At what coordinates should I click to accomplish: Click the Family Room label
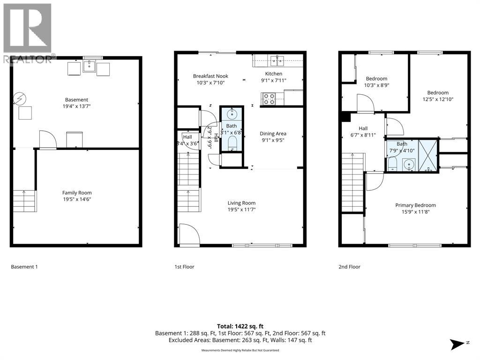click(x=77, y=193)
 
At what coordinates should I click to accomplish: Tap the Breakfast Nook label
click(x=210, y=76)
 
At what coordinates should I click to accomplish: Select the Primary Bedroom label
click(x=415, y=205)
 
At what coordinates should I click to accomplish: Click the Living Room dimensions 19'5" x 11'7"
click(x=241, y=210)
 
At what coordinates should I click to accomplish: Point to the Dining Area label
click(x=273, y=134)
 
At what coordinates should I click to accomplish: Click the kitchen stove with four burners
click(x=269, y=99)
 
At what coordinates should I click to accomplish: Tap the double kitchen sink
click(x=277, y=60)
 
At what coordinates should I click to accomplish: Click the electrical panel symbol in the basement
click(x=20, y=98)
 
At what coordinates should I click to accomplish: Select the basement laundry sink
click(x=89, y=66)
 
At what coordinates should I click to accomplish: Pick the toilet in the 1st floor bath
click(x=232, y=143)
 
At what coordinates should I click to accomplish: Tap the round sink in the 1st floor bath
click(x=232, y=114)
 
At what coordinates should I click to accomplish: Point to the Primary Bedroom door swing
click(x=375, y=182)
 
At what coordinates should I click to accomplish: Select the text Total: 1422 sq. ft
click(x=240, y=326)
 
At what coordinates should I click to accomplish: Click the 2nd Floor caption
click(x=349, y=267)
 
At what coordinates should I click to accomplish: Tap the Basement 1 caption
click(x=24, y=267)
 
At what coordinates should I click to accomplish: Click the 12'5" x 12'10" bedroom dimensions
click(x=438, y=99)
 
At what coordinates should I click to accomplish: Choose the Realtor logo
click(x=28, y=34)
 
